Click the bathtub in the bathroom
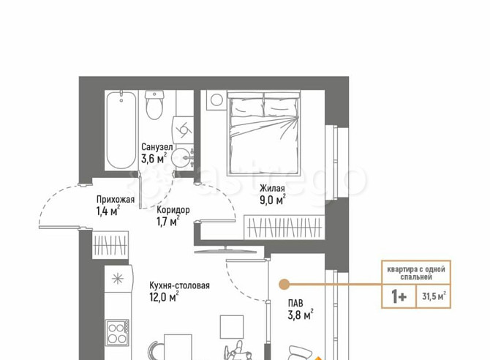(121, 130)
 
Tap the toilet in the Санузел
(154, 105)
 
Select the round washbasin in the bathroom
(183, 157)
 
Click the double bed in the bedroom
(264, 132)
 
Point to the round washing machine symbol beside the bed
(216, 100)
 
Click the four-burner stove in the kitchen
(117, 333)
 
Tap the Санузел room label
(157, 146)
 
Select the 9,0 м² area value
(273, 200)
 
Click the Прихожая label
(116, 199)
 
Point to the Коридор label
(173, 210)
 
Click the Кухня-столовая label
(179, 285)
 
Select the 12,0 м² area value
(165, 297)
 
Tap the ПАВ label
(295, 303)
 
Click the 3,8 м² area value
(301, 315)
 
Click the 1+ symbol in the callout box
(399, 296)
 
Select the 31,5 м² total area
(434, 296)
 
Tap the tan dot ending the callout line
(284, 285)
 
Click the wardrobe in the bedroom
(284, 228)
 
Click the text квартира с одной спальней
(416, 273)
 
